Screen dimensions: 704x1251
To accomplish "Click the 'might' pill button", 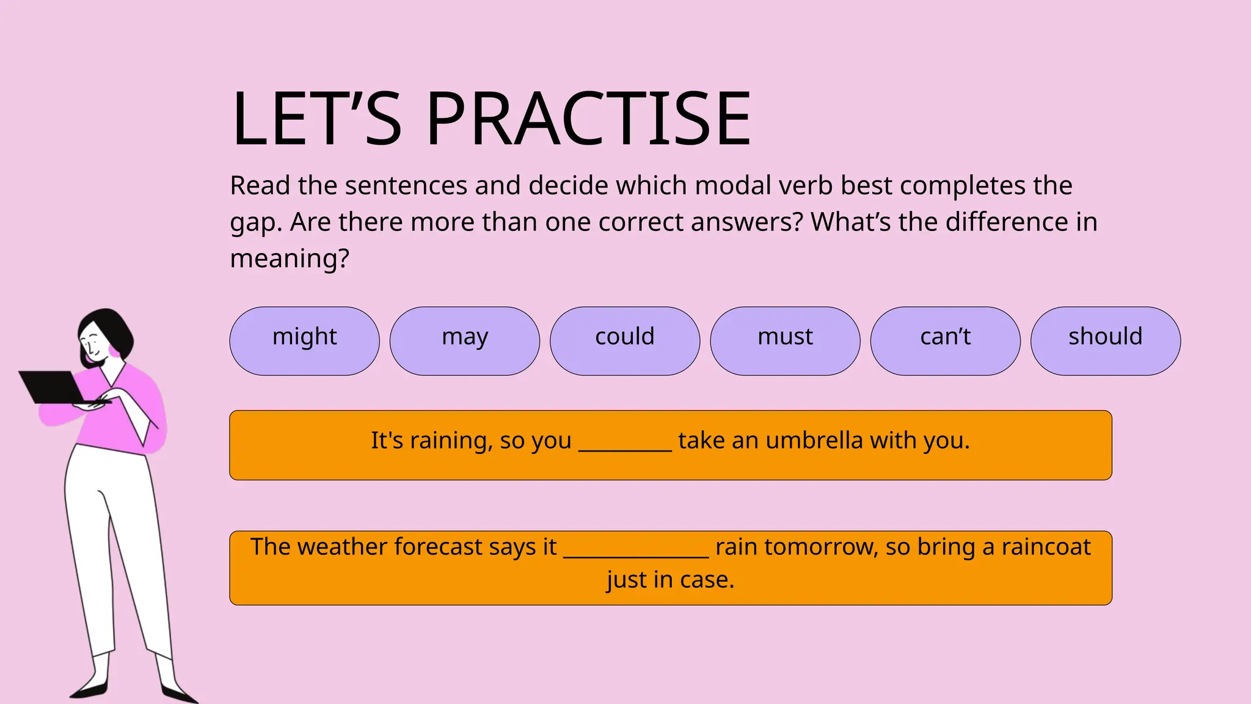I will click(304, 340).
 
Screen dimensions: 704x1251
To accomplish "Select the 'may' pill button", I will click(464, 340).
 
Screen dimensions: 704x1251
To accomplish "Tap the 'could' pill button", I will click(624, 340).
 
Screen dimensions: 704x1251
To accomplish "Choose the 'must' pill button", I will click(785, 340).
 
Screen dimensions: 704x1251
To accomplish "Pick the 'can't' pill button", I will click(945, 340).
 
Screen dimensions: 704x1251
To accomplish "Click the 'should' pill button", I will click(1105, 340).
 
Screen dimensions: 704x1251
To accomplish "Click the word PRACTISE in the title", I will click(588, 119).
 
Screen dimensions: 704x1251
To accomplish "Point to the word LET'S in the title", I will click(316, 119).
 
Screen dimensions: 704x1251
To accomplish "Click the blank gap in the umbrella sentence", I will click(624, 442).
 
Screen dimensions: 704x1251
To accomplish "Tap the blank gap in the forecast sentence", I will click(635, 549).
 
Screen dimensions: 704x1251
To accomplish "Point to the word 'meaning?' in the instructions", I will click(290, 259).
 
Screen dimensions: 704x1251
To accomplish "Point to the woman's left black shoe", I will click(89, 691).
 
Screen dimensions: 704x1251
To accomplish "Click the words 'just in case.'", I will click(670, 580).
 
